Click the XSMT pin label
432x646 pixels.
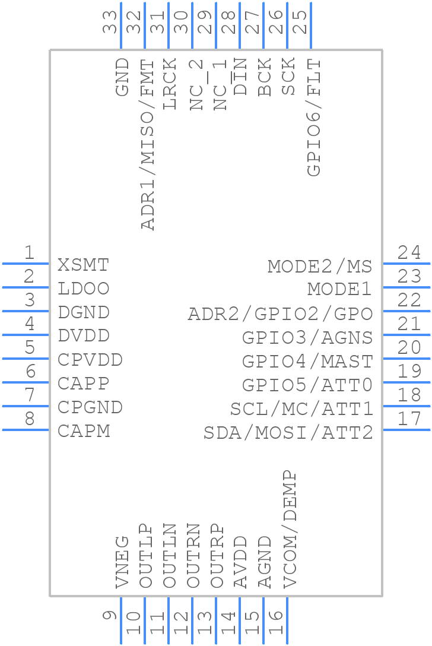pyautogui.click(x=83, y=265)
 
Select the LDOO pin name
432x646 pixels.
pyautogui.click(x=83, y=289)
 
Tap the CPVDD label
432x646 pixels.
pyautogui.click(x=90, y=360)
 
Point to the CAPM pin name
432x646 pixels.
pyautogui.click(x=84, y=431)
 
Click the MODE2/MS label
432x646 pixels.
pyautogui.click(x=320, y=267)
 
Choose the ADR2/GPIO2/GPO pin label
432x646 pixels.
pyautogui.click(x=280, y=314)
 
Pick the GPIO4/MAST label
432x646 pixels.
pyautogui.click(x=307, y=362)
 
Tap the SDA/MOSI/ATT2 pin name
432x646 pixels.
pyautogui.click(x=288, y=433)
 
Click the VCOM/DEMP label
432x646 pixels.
pyautogui.click(x=290, y=529)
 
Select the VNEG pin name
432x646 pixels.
pyautogui.click(x=122, y=562)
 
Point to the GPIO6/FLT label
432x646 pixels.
pyautogui.click(x=314, y=118)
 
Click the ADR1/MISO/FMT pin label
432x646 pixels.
pyautogui.click(x=147, y=145)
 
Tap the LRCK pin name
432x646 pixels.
pyautogui.click(x=170, y=84)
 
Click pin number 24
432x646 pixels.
pyautogui.click(x=409, y=252)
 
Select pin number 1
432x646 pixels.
pyautogui.click(x=29, y=252)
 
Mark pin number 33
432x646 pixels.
pyautogui.click(x=110, y=22)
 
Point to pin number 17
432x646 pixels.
pyautogui.click(x=409, y=419)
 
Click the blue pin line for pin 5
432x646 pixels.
pyautogui.click(x=26, y=359)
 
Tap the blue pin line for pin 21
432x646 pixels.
pyautogui.click(x=406, y=334)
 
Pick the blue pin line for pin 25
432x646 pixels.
pyautogui.click(x=311, y=26)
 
